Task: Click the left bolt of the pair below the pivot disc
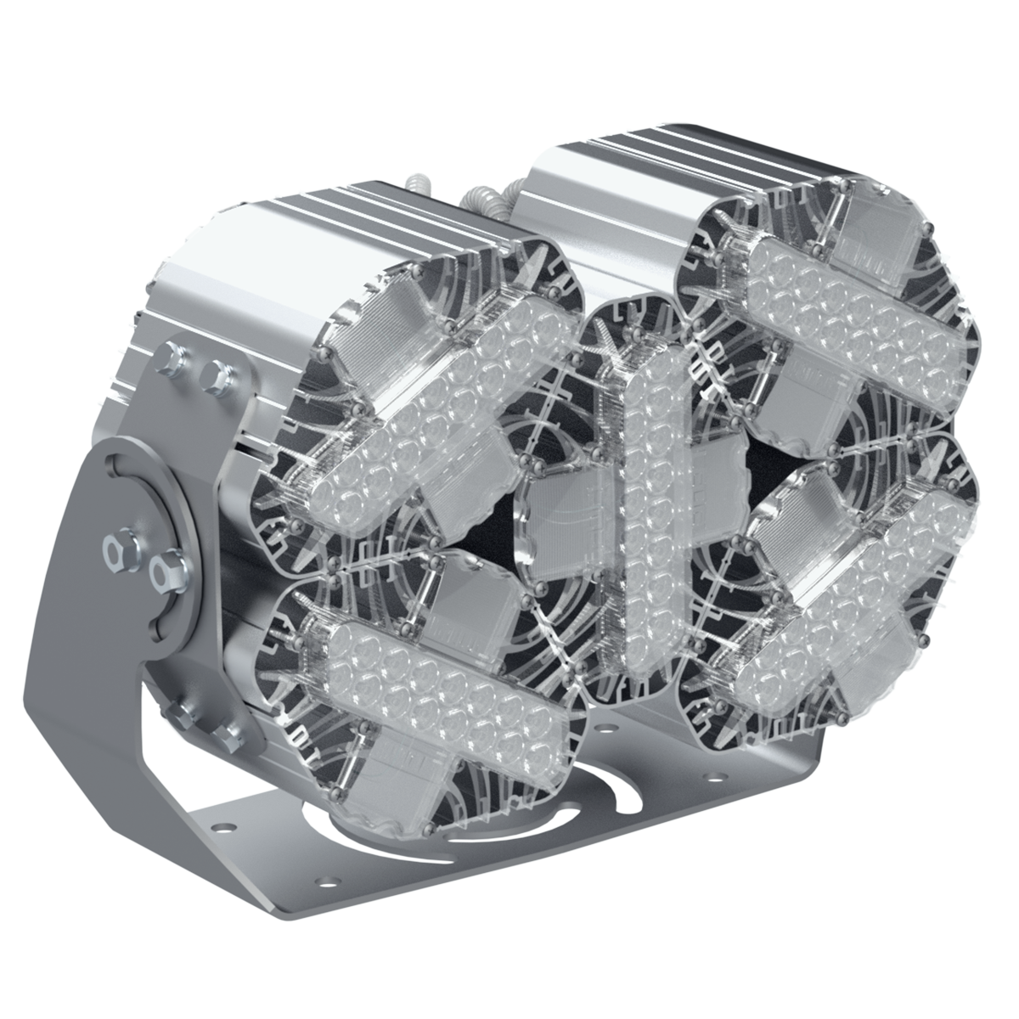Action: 182,712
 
